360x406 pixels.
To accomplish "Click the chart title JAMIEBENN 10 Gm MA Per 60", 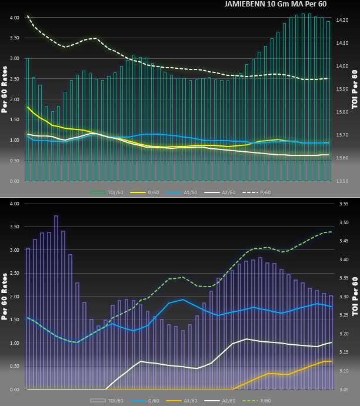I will (275, 4).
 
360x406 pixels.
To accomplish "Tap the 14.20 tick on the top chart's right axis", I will (342, 20).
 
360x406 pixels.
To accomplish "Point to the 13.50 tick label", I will (342, 181).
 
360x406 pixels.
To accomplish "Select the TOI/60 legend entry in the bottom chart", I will (106, 400).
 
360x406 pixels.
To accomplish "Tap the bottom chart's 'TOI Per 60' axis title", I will (355, 297).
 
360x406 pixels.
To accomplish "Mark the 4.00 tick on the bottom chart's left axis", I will (14, 204).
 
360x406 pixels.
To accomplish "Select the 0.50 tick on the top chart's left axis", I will (14, 161).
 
